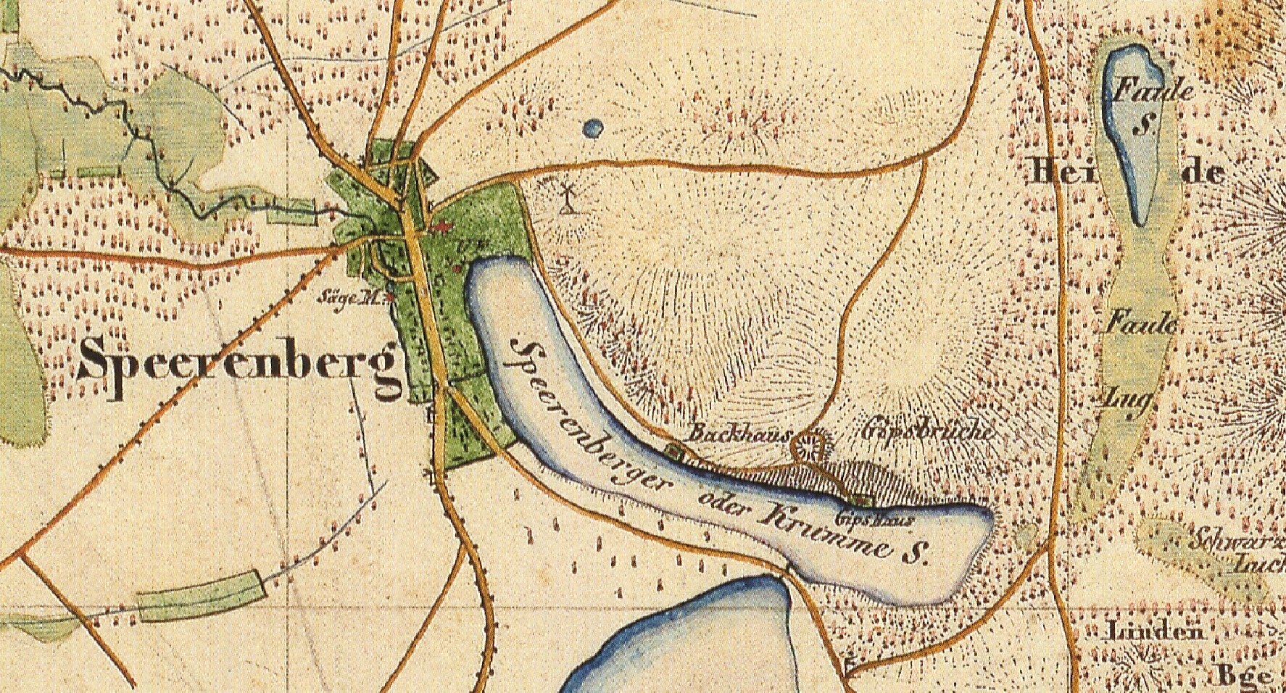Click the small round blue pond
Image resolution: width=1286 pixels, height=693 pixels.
click(593, 129)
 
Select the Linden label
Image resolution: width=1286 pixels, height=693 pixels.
click(1153, 632)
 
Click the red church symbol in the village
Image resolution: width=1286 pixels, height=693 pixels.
click(439, 229)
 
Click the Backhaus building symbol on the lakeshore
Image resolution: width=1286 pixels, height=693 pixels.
click(675, 455)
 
